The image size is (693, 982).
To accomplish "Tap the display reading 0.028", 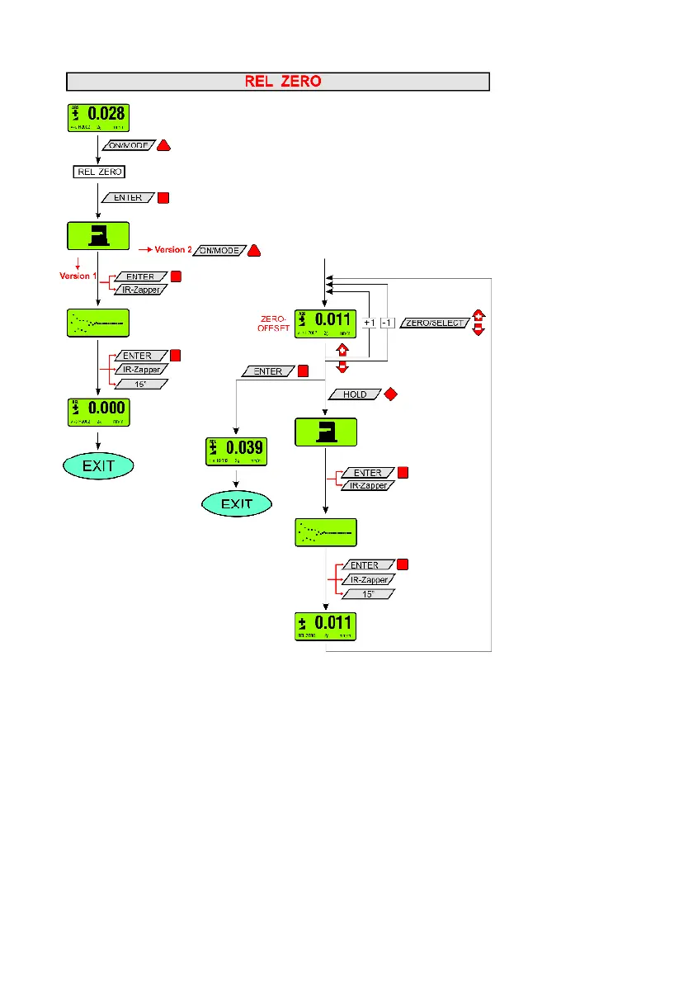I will (x=97, y=117).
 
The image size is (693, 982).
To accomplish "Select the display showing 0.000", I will (x=97, y=411).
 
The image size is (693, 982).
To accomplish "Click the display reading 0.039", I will (x=237, y=451).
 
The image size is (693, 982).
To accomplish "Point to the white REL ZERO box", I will (x=99, y=172).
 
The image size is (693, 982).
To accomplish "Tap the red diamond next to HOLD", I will (x=391, y=394).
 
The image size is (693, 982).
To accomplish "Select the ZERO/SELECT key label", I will (x=435, y=323).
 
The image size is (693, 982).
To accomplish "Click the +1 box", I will (x=370, y=323).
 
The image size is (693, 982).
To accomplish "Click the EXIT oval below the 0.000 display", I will (x=97, y=465).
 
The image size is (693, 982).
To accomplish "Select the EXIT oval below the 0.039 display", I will (x=237, y=503).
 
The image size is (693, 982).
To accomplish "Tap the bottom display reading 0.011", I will (x=326, y=626).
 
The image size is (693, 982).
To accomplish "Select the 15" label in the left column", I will (x=138, y=385).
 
